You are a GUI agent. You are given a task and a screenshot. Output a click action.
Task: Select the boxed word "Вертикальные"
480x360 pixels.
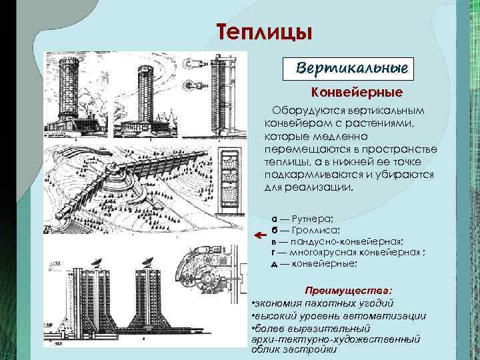(352, 69)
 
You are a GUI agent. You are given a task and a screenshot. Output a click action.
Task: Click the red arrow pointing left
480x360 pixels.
(260, 235)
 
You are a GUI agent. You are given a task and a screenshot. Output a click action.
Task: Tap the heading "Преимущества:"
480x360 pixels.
(348, 291)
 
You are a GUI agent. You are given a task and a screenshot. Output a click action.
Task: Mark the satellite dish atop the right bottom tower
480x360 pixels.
(147, 258)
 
